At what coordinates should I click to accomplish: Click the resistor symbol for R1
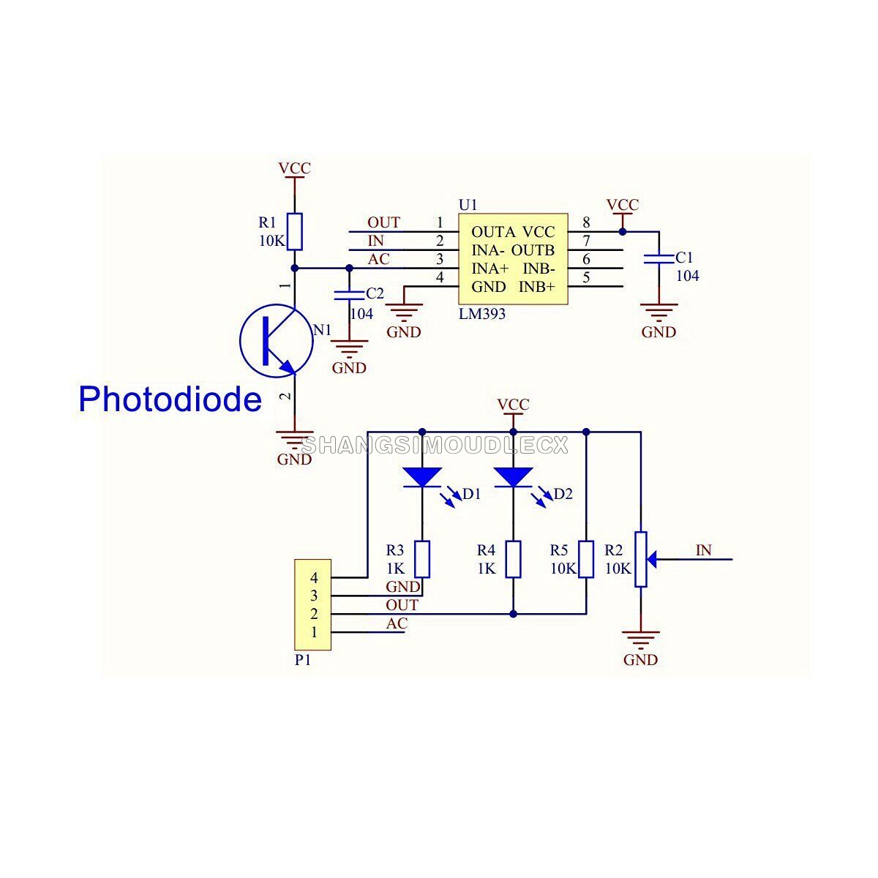294,231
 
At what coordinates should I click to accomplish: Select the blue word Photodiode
170,399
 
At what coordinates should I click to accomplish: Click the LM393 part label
481,314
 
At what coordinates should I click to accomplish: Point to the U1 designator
468,203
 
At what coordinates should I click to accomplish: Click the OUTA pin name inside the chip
493,232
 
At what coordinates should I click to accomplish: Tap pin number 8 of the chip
586,222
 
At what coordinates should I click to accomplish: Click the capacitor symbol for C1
658,258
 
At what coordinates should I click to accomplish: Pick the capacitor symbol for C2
348,294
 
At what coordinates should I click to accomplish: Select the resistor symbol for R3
422,559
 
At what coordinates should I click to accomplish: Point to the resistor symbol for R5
586,559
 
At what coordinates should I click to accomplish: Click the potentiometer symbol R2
641,559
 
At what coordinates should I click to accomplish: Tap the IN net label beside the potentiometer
703,550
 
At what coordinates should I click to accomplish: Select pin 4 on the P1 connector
314,578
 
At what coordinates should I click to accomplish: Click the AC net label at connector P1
397,623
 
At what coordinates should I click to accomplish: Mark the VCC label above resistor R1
294,168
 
